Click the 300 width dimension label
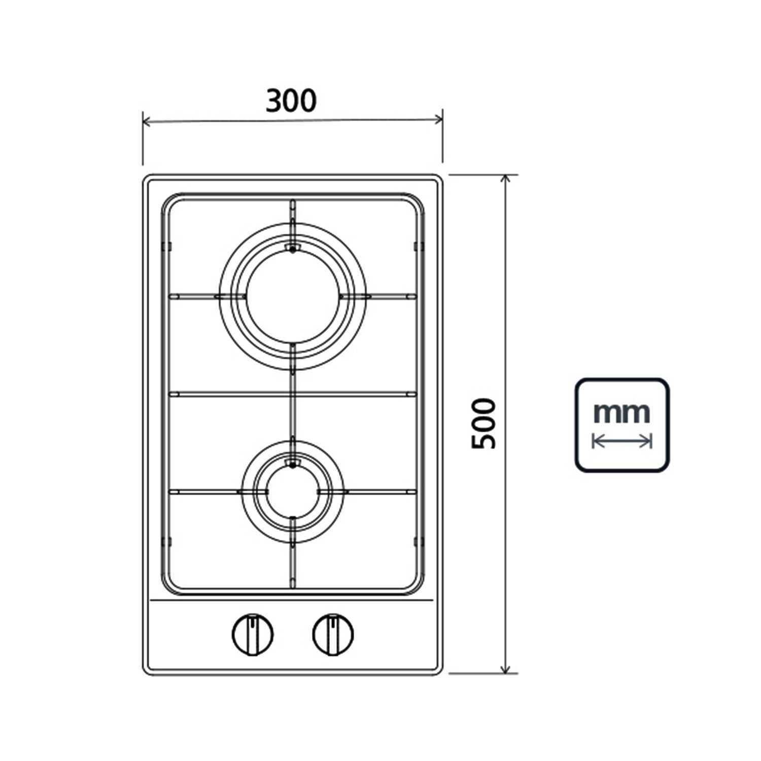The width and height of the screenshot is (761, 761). [291, 101]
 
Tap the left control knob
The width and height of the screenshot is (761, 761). [252, 634]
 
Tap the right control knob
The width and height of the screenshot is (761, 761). [333, 634]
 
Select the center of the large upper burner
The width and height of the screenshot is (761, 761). [293, 296]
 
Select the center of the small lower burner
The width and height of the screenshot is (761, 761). [293, 492]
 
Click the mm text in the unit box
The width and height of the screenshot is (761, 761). [621, 413]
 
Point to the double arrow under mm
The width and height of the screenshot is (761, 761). [621, 441]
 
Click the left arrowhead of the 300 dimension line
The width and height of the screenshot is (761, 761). [146, 122]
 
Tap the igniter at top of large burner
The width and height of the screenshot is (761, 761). [292, 248]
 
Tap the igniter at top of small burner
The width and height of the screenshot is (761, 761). [292, 463]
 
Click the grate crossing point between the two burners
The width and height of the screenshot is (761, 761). [293, 394]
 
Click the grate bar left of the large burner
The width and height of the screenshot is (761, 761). [193, 296]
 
